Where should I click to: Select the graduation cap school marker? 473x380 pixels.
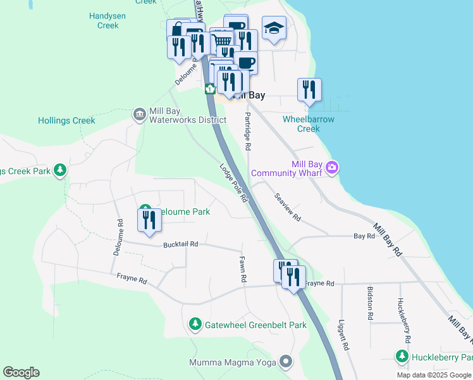tap(274, 28)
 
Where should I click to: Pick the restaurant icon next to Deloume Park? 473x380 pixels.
tap(150, 220)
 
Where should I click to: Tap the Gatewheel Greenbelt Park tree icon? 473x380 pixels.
tap(195, 325)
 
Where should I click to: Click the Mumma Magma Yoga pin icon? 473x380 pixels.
tap(286, 362)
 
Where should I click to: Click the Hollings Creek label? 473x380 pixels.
tap(66, 120)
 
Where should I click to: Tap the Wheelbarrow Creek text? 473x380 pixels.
tap(309, 123)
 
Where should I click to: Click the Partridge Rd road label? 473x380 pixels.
tap(248, 132)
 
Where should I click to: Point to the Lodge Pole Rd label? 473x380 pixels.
tap(233, 184)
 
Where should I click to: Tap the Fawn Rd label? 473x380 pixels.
tap(242, 269)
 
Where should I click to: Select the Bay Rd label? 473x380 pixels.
tap(364, 236)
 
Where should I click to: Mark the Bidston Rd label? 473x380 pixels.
tap(371, 303)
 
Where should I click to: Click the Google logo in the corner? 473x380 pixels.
tap(21, 372)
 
